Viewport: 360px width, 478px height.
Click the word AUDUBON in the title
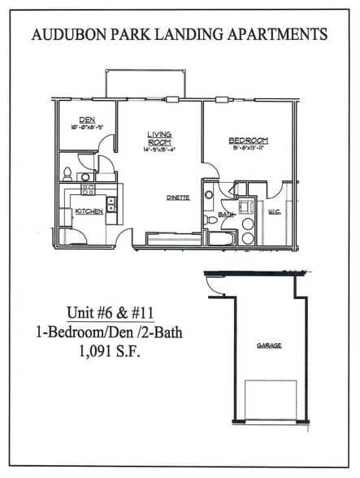70,35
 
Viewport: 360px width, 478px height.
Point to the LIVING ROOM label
158,138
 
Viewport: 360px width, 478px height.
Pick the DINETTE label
178,198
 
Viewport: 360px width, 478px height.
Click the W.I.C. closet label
274,212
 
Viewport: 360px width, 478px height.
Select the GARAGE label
268,345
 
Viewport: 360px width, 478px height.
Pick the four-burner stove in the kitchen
87,189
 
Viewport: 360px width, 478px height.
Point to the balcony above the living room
146,84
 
